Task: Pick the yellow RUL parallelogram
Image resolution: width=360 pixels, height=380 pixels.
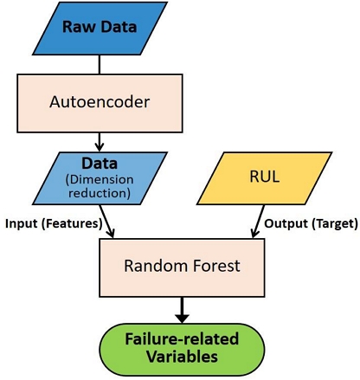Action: coord(263,177)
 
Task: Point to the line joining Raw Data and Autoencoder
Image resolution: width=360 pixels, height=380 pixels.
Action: coord(100,63)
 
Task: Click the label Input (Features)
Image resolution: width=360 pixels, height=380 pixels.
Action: coord(54,223)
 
